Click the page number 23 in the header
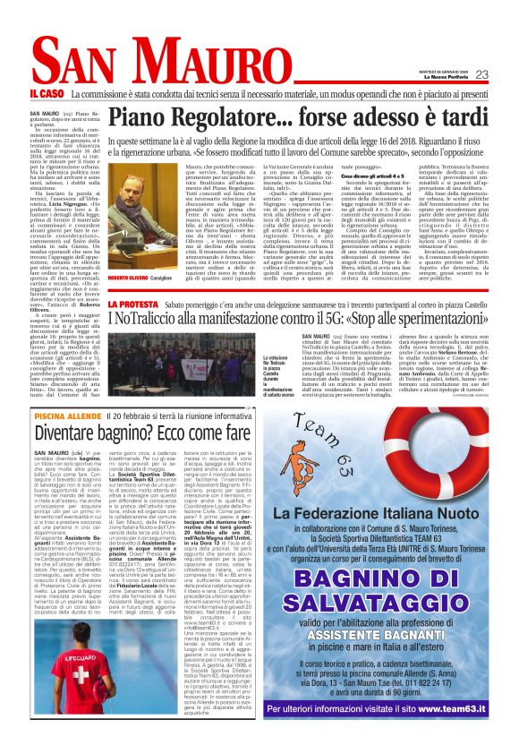tap(481, 75)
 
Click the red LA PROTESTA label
tap(130, 304)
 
